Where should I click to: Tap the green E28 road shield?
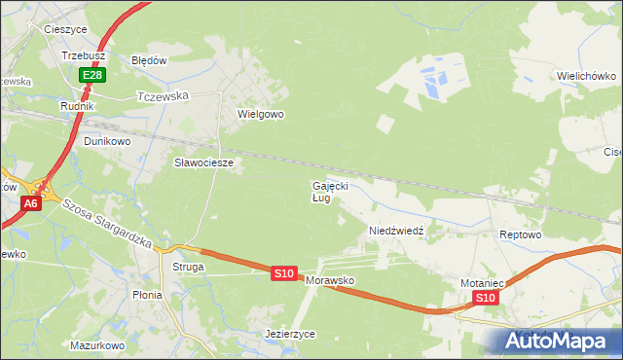[x=92, y=75]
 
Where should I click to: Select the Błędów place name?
[x=150, y=59]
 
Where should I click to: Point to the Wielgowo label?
[x=260, y=114]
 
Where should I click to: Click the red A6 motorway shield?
[x=31, y=203]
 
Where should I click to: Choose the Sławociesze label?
[x=203, y=162]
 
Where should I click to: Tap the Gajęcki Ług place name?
[x=329, y=191]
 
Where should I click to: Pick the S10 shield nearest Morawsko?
[x=283, y=274]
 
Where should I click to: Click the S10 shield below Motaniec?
[x=487, y=298]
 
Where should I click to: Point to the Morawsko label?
[x=330, y=280]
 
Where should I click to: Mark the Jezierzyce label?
[x=290, y=333]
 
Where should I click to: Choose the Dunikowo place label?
[x=107, y=141]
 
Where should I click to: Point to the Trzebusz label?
[x=84, y=56]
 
